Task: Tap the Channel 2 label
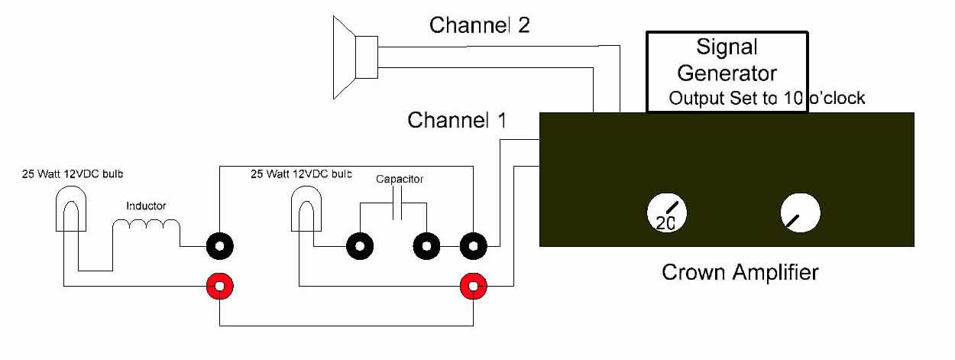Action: (x=479, y=25)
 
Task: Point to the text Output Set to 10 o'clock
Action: (x=766, y=99)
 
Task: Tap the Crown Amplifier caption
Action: (x=739, y=271)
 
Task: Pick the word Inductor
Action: (x=146, y=206)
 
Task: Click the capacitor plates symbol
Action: (x=397, y=206)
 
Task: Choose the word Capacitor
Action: (x=399, y=180)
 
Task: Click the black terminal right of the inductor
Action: (x=220, y=247)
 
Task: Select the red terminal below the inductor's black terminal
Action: (x=220, y=287)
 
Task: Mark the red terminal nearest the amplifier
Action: (x=473, y=287)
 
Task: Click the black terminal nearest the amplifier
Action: (x=473, y=247)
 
